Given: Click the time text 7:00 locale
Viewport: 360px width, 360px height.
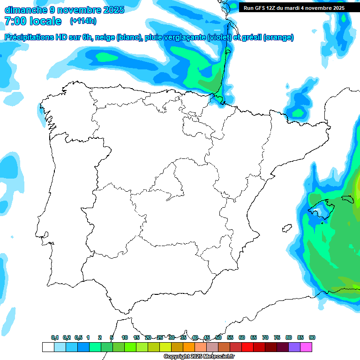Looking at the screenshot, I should coord(33,21).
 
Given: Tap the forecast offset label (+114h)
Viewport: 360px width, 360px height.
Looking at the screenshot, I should coord(83,21).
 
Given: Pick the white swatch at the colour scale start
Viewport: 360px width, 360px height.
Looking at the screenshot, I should coord(48,347).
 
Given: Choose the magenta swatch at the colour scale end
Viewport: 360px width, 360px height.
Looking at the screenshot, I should coord(306,347).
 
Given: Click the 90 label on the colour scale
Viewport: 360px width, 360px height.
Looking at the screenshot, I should coord(312,337).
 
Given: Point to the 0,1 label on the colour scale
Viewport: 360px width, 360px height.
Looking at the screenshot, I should coord(55,337).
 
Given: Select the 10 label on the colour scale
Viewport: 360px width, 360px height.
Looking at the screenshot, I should coord(125,337).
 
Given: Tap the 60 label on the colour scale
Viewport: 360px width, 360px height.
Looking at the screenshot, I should coord(242,337).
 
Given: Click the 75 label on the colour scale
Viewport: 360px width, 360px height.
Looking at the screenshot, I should coord(277,337).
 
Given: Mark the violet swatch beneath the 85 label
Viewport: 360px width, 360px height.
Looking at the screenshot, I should coord(294,347).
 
